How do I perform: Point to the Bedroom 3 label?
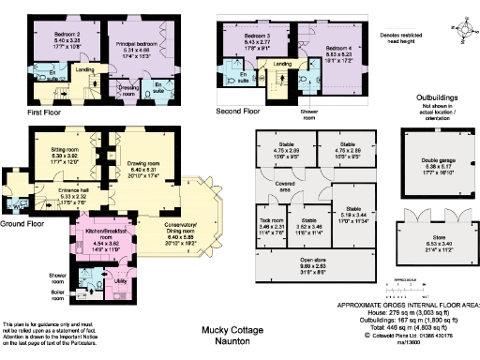(245, 35)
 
